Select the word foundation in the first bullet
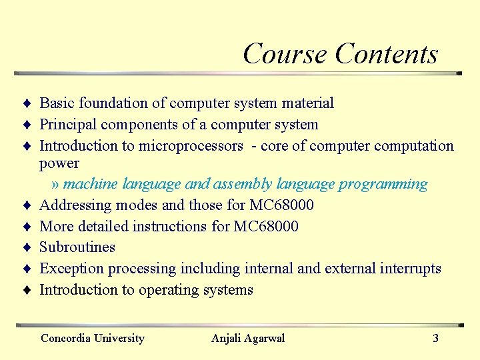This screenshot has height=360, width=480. [x=107, y=103]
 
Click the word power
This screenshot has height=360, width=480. [x=59, y=163]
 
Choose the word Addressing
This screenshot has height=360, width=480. [x=71, y=205]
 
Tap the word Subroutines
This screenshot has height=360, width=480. [x=77, y=247]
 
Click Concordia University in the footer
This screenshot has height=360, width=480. [x=93, y=338]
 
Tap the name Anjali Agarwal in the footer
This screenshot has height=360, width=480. [x=248, y=338]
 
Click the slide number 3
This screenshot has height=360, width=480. [x=435, y=338]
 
